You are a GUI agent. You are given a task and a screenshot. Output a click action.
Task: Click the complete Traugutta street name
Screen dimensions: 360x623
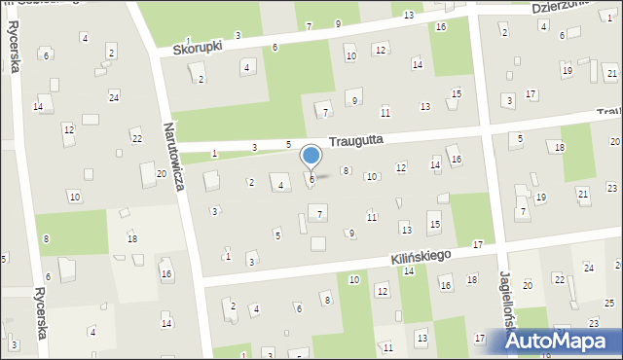point(355,140)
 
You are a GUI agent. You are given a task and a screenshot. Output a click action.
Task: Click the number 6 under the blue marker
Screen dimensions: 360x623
point(311,179)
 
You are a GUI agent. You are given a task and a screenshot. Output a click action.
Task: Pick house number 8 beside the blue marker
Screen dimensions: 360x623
point(345,171)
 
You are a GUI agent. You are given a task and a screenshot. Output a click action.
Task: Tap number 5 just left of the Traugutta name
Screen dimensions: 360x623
point(288,145)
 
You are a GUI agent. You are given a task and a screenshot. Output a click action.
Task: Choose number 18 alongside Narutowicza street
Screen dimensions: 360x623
point(132,238)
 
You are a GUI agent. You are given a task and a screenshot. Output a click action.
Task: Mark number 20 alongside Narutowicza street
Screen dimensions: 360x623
point(161,173)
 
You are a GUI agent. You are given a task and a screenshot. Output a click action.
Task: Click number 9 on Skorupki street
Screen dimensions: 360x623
point(338,23)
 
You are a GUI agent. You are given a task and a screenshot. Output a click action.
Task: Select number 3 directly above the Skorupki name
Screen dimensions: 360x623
point(238,35)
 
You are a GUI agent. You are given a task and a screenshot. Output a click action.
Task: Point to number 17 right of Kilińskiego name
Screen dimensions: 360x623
point(477,243)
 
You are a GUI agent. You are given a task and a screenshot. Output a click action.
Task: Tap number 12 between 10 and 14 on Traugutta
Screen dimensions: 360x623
point(401,168)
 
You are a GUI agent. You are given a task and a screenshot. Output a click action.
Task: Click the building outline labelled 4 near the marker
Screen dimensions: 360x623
point(281,185)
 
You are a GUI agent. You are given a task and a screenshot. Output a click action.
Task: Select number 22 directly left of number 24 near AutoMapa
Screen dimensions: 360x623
point(559,279)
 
